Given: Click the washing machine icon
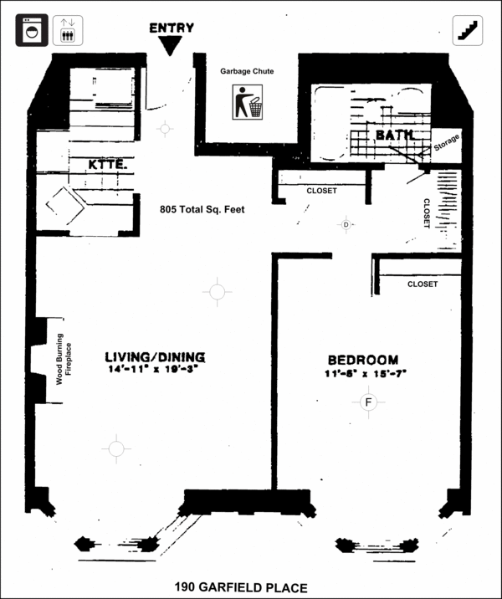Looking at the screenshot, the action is click(32, 30).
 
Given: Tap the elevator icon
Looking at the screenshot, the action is click(68, 30).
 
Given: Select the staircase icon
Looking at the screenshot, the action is click(468, 30).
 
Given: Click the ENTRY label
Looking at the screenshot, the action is click(172, 28).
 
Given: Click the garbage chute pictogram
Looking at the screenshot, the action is click(248, 102).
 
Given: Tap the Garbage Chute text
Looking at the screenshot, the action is click(247, 71).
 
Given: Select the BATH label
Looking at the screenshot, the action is click(394, 135).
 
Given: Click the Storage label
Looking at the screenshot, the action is click(447, 142).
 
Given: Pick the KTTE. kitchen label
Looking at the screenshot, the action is click(108, 165).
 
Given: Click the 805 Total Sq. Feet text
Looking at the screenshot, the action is click(202, 209).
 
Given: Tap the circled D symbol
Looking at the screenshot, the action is click(346, 224).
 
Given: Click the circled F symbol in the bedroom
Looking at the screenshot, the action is click(369, 402).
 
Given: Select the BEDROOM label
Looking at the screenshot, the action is click(363, 360).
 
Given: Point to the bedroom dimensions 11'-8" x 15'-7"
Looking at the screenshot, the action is click(366, 374).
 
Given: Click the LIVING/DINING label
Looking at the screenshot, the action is click(155, 357).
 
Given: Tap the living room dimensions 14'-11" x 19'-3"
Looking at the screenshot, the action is click(154, 369).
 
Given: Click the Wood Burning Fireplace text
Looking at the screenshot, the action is click(64, 359).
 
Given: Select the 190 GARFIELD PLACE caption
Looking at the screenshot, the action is click(241, 587).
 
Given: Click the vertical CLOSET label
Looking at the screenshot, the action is click(427, 213).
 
